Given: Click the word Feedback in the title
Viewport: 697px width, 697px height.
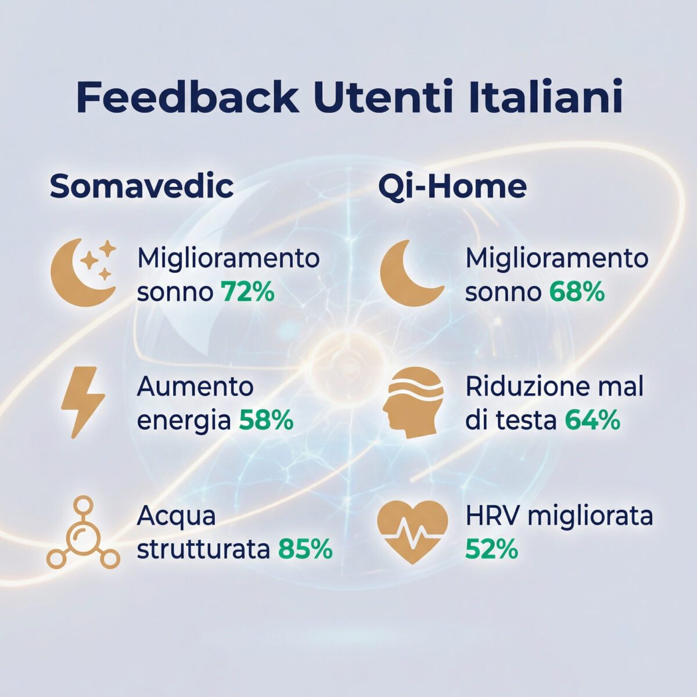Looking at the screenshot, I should (187, 98).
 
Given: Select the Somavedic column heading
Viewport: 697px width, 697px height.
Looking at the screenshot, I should (142, 186).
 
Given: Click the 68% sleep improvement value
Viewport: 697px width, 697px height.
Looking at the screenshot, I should (577, 292).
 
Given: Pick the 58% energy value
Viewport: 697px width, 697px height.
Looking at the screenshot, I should (266, 421).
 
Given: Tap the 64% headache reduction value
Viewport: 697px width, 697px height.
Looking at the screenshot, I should (592, 421).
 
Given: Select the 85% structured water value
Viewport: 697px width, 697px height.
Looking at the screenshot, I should (305, 549).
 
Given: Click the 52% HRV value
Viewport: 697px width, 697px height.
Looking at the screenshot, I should (491, 549).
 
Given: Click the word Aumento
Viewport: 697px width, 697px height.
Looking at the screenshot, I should (195, 387).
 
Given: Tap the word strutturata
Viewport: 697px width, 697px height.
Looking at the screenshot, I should (203, 549).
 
